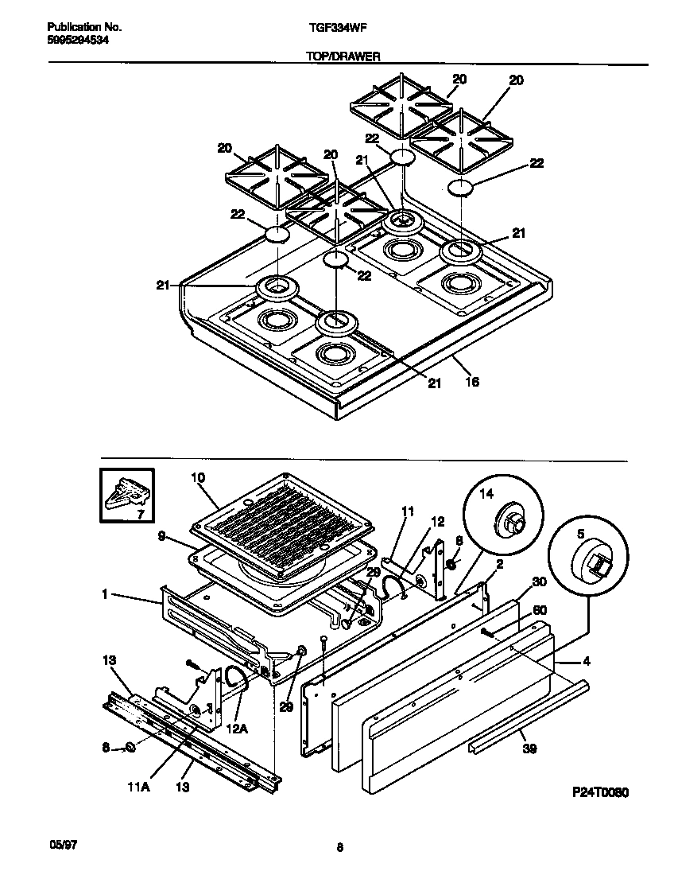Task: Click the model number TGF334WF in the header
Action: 337,26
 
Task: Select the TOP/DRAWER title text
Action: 337,56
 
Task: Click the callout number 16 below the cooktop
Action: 471,383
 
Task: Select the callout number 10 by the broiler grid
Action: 199,478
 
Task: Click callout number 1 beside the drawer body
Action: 106,594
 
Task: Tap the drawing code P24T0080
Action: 601,793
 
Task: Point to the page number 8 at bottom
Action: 339,848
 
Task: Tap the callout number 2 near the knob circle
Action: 499,564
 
